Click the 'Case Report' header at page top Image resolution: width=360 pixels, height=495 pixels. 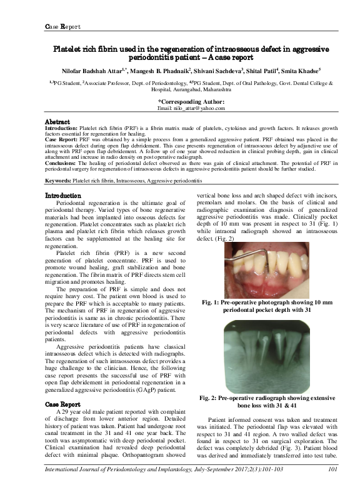(x=62, y=26)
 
